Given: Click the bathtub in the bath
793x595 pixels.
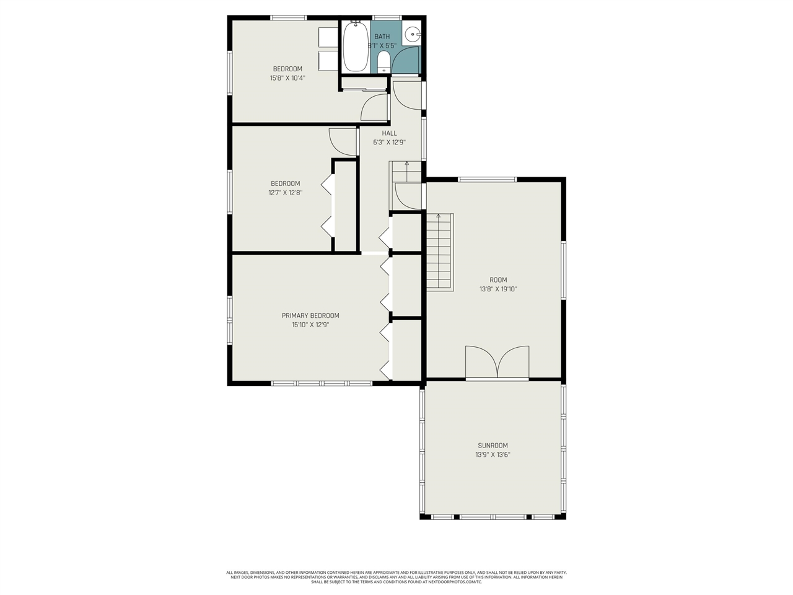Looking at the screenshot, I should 356,46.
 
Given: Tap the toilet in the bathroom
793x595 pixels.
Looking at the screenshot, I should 383,61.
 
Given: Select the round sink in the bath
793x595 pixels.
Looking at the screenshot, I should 412,35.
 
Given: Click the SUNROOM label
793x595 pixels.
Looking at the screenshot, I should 493,445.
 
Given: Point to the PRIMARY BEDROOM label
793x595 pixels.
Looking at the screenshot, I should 310,315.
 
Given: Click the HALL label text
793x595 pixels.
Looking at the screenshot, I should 389,133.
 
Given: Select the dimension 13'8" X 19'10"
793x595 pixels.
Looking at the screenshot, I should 497,289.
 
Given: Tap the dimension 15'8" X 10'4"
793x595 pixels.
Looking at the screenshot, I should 287,78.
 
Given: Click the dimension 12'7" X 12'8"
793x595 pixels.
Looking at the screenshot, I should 285,193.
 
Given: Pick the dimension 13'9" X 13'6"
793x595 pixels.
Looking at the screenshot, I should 493,454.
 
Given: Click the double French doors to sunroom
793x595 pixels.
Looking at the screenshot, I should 497,363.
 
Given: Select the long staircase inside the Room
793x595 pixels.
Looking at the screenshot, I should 439,251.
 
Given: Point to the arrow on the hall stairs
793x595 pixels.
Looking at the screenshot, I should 407,165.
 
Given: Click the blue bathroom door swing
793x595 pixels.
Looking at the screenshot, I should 406,61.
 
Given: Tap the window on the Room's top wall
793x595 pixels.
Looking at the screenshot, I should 487,180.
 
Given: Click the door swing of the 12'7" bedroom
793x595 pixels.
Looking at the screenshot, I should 343,142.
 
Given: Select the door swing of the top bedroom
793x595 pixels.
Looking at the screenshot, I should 374,108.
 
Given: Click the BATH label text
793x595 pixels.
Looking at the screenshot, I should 382,37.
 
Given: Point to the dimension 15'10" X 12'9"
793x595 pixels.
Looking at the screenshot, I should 310,324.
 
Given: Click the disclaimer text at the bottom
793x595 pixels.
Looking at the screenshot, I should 396,577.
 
